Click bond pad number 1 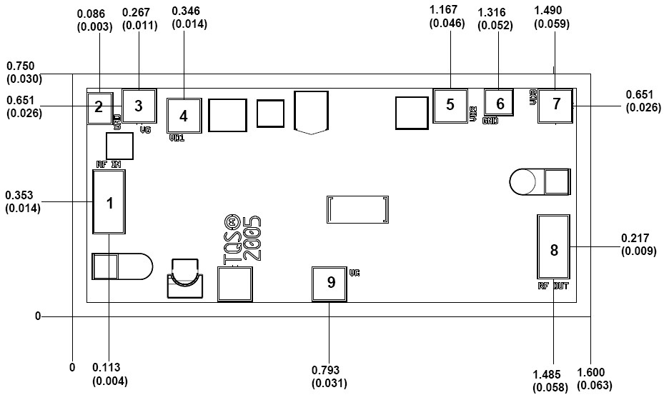[109, 204]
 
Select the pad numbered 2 [99, 108]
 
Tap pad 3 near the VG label [139, 106]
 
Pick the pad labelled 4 [184, 115]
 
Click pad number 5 [450, 105]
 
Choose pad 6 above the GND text [500, 104]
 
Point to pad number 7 [557, 104]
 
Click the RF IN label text [109, 164]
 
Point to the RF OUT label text [554, 286]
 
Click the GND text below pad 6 [491, 121]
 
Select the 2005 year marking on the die [252, 239]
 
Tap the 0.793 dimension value [325, 370]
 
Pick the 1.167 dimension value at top [447, 10]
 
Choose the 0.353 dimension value [23, 195]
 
